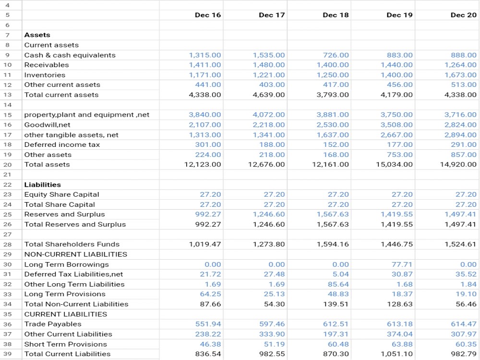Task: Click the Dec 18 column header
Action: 336,15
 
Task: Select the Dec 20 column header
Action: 464,15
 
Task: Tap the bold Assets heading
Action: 37,35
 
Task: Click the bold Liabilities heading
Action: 43,185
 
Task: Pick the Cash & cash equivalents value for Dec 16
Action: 205,55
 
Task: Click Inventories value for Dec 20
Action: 460,75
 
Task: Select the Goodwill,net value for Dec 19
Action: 396,125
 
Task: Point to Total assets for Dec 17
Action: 266,164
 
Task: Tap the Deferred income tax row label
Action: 62,144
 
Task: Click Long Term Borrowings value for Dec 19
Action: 402,264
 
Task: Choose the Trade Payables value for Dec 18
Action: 336,324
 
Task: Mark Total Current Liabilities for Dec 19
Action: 397,354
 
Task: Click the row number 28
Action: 8,244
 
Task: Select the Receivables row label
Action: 47,65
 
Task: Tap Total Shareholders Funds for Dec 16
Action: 205,244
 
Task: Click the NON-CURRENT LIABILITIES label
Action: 76,254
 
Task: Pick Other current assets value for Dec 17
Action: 272,85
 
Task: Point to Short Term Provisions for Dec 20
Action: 466,344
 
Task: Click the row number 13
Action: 8,95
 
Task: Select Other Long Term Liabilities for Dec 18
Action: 338,284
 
